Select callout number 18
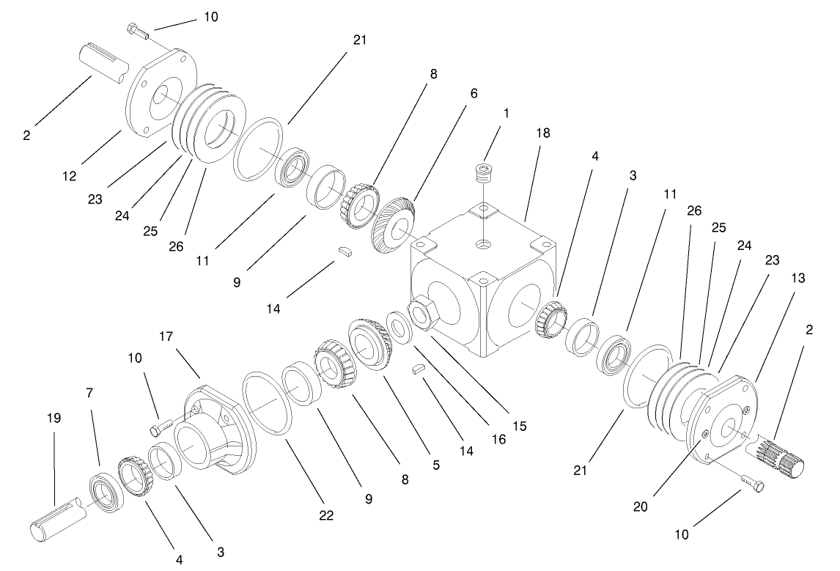(x=543, y=133)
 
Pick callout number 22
(x=325, y=515)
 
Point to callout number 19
(x=54, y=418)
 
